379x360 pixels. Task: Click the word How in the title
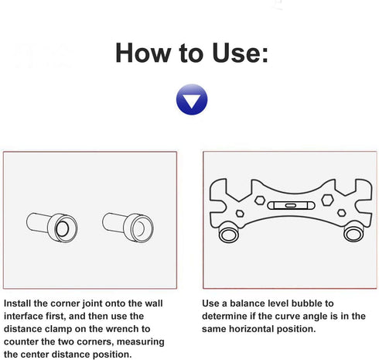point(142,53)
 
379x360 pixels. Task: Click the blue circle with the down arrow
point(191,100)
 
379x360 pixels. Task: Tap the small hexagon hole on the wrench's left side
point(239,214)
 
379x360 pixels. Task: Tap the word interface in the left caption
point(25,317)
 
